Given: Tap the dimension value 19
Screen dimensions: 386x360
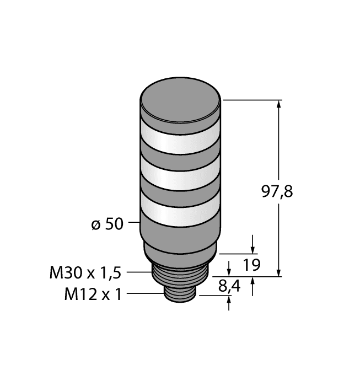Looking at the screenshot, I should [x=252, y=266].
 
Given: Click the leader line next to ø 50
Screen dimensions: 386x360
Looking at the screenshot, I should [x=134, y=224].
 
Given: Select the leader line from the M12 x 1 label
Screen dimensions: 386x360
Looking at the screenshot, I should [x=146, y=294].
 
